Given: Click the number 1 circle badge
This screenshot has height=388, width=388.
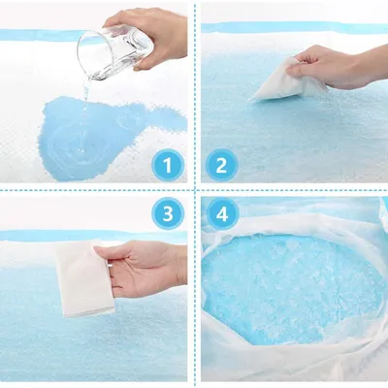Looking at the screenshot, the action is tap(168, 166).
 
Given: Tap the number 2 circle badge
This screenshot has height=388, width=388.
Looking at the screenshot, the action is tap(221, 166).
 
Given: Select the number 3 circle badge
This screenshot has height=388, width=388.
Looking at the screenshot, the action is tap(168, 214).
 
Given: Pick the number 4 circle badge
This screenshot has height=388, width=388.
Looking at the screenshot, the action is tap(222, 214).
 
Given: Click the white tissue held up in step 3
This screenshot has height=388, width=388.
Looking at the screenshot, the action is tap(84, 278).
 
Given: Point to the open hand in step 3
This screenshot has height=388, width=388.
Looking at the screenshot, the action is tap(143, 269).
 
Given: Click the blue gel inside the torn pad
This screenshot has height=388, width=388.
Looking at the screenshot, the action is tap(291, 284).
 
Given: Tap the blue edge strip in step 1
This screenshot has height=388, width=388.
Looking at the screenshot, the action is tap(42, 35).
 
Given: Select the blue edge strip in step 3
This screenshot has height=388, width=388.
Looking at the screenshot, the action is tap(94, 236).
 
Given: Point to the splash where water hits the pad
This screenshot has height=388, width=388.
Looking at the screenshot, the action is tap(81, 149).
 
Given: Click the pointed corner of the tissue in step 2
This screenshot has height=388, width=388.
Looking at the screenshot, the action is tap(251, 100).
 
